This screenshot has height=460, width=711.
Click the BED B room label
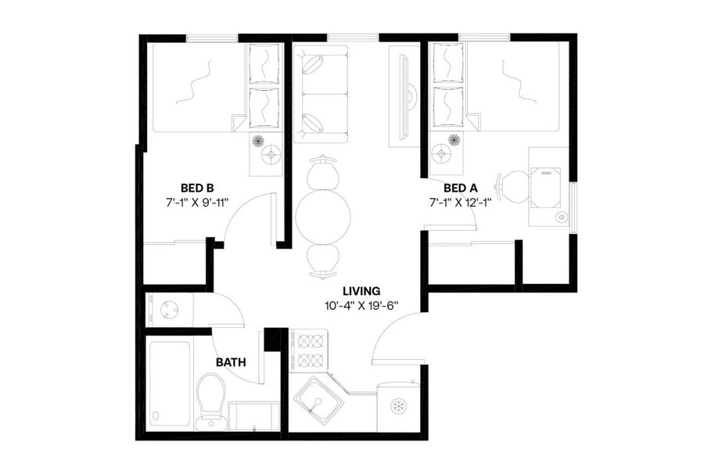[x=197, y=188]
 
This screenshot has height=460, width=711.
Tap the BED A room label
[x=460, y=188]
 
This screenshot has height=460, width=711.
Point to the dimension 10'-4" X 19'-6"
[x=361, y=305]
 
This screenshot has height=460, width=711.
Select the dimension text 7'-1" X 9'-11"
[x=197, y=203]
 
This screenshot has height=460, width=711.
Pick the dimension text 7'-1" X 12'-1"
[x=460, y=203]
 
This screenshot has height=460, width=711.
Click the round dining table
[x=323, y=216]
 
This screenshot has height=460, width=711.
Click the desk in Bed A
[x=548, y=186]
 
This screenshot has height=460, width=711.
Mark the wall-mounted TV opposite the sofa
[x=404, y=94]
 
